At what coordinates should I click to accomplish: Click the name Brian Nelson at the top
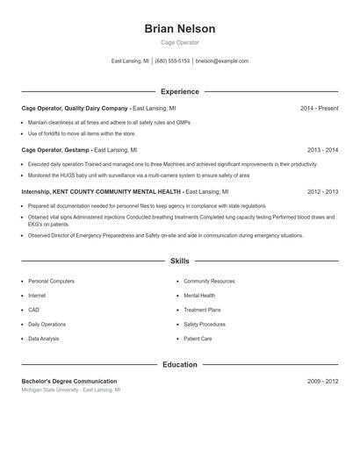[179, 29]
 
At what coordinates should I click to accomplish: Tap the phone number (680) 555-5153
[173, 61]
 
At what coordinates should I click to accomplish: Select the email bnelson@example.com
[222, 61]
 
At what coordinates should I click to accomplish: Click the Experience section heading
[179, 91]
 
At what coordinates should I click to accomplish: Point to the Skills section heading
[179, 261]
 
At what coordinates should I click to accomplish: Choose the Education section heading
[179, 364]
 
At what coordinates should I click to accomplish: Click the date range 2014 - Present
[319, 108]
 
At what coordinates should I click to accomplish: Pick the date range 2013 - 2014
[322, 150]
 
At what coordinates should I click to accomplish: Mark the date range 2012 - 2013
[322, 191]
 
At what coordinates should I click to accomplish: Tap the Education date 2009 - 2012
[322, 382]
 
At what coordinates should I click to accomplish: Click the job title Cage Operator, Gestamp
[55, 150]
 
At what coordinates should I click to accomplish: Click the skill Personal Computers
[51, 282]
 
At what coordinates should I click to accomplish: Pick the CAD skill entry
[33, 310]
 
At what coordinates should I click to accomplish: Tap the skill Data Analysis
[44, 339]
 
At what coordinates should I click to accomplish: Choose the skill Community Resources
[209, 282]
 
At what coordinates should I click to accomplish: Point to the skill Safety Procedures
[205, 324]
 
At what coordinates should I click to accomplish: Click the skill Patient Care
[198, 339]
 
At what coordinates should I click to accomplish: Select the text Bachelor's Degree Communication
[69, 382]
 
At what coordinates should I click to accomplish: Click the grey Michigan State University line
[71, 390]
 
